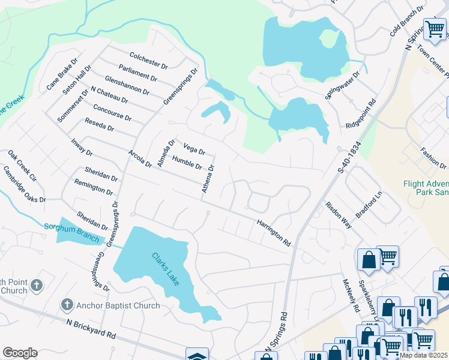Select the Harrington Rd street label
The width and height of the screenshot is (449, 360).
(x=274, y=233)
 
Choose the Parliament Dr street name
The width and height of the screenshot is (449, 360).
(x=138, y=74)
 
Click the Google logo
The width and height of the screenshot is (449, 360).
(x=20, y=353)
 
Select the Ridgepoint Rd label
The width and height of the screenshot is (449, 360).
(x=361, y=114)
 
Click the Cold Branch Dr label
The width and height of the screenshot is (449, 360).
(x=406, y=23)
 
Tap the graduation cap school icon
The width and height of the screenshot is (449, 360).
(x=197, y=355)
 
